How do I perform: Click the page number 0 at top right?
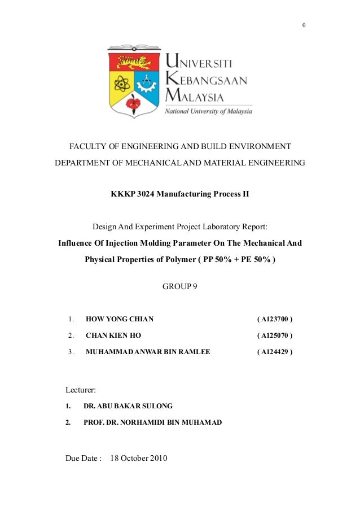coord(304,25)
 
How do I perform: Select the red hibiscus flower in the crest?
coord(134,103)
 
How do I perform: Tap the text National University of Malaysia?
coord(208,111)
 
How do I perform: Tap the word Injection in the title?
coord(142,243)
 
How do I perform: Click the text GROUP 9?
coord(180,286)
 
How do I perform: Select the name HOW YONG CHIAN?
coord(120,319)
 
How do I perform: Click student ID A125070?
coord(275,335)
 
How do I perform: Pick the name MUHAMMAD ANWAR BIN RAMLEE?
coord(148,351)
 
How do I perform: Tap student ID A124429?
coord(275,351)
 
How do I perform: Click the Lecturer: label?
coord(81,390)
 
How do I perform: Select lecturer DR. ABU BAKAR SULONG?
coord(128,406)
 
